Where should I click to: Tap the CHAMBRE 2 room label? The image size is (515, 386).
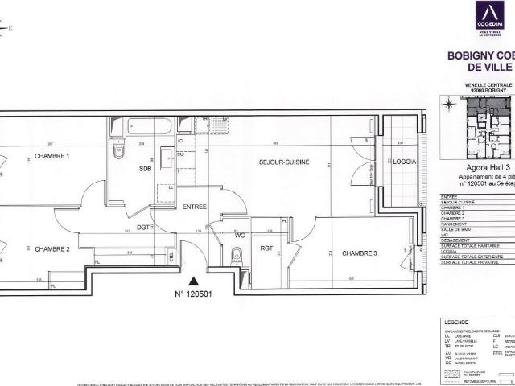tap(52, 248)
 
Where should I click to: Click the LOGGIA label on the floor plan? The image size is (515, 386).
tap(404, 162)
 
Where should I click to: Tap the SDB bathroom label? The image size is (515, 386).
tap(145, 169)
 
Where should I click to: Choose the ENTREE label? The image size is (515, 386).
tap(195, 207)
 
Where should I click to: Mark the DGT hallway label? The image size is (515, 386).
tap(142, 228)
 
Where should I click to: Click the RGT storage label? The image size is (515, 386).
tap(267, 248)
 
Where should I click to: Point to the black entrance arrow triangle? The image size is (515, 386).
tap(193, 281)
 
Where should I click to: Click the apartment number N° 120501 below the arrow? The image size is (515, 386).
tap(193, 294)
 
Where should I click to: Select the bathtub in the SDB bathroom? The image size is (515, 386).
tap(148, 126)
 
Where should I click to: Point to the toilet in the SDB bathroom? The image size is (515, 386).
tap(119, 150)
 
